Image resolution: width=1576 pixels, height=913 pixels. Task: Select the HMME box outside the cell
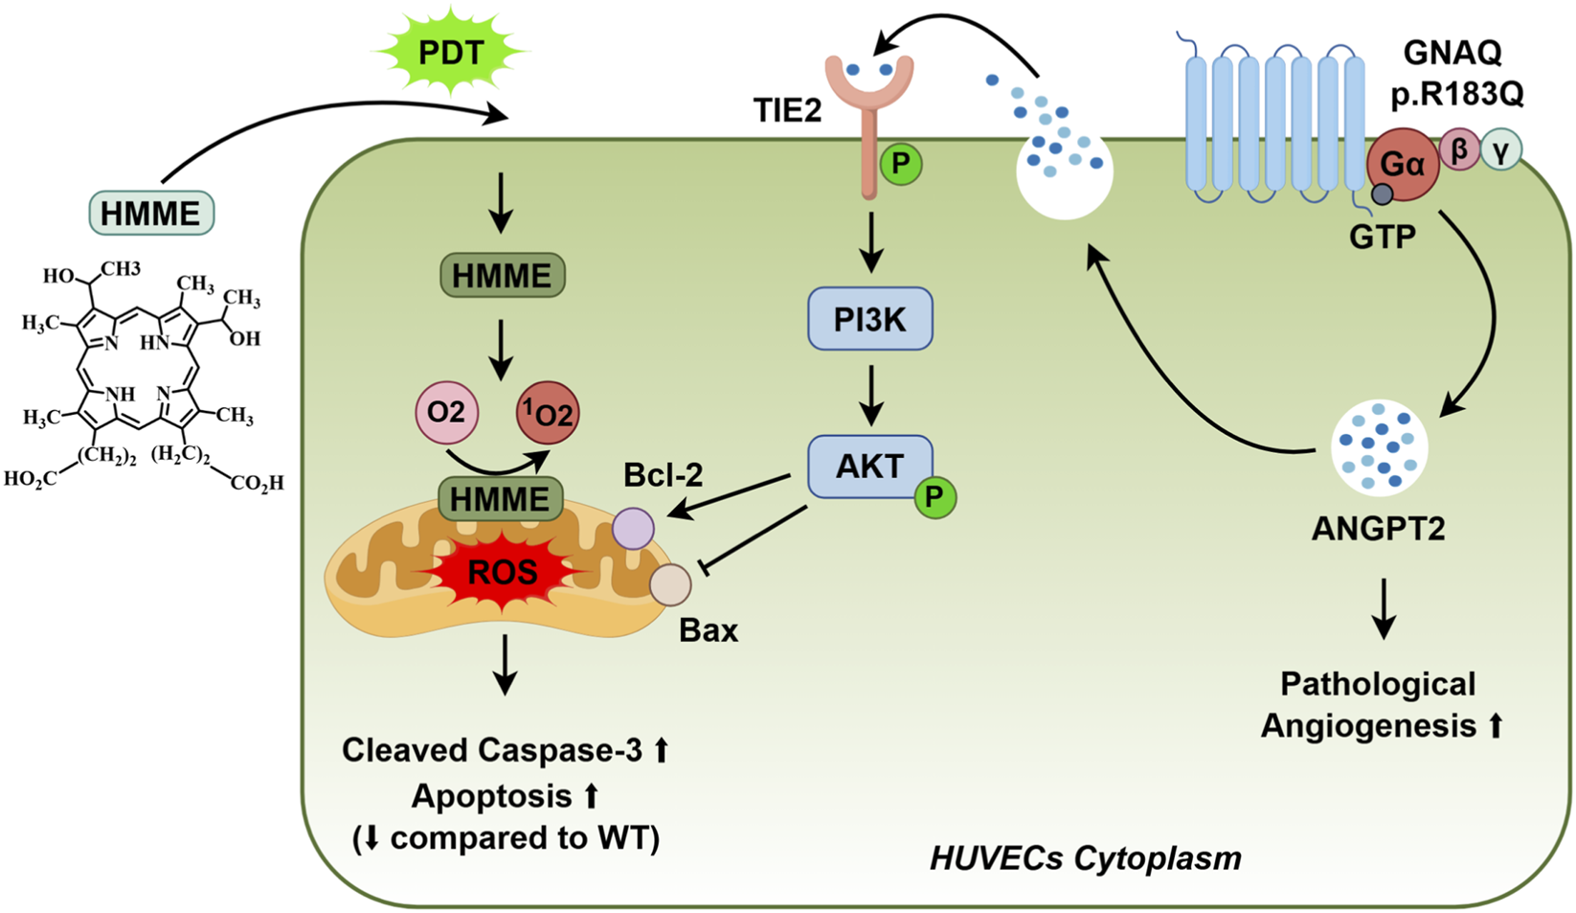coord(151,213)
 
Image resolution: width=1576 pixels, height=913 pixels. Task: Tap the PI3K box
coord(869,318)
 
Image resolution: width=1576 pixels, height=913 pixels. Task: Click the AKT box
coord(869,467)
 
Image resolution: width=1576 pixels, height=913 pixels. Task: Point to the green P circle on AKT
coord(934,497)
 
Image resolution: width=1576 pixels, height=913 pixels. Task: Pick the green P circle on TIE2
coord(900,165)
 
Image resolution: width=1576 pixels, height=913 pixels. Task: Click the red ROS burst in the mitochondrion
coord(502,573)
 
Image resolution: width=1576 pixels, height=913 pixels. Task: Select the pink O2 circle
coord(445,413)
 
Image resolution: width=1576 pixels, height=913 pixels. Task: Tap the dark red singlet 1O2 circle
coord(548,414)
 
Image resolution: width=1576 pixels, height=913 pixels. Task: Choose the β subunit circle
coord(1459,150)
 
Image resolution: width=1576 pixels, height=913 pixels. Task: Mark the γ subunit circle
coord(1500,149)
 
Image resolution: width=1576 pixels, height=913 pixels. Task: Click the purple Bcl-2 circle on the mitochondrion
coord(633,529)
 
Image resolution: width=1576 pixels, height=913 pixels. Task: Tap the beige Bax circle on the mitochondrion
coord(670,585)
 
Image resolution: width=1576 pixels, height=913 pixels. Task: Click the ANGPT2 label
coord(1378,528)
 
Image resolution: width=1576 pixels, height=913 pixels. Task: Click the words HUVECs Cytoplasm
coord(1086,857)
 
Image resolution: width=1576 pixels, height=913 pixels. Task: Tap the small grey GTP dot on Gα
coord(1382,194)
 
